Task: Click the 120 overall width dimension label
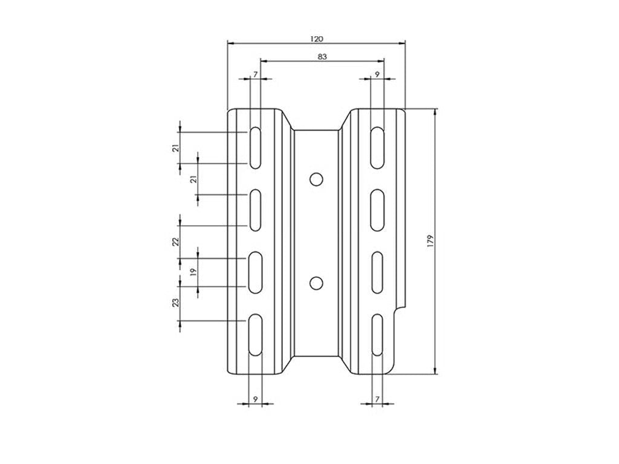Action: [x=317, y=39]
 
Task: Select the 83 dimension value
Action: [x=322, y=57]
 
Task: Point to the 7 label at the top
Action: [x=255, y=74]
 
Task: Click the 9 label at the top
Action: [x=377, y=74]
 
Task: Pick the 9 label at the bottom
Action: [x=255, y=399]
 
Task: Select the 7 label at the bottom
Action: [x=377, y=399]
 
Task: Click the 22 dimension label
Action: [x=175, y=241]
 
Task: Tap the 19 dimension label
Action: [x=193, y=272]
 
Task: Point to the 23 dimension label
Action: [x=175, y=302]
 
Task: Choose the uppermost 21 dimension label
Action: [x=175, y=148]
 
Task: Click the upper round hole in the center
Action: [x=315, y=178]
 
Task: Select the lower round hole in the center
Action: [x=315, y=282]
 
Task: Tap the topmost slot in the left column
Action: [x=255, y=147]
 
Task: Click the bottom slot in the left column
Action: [x=255, y=335]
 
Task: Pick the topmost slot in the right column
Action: [x=377, y=147]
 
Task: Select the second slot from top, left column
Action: [x=255, y=210]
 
